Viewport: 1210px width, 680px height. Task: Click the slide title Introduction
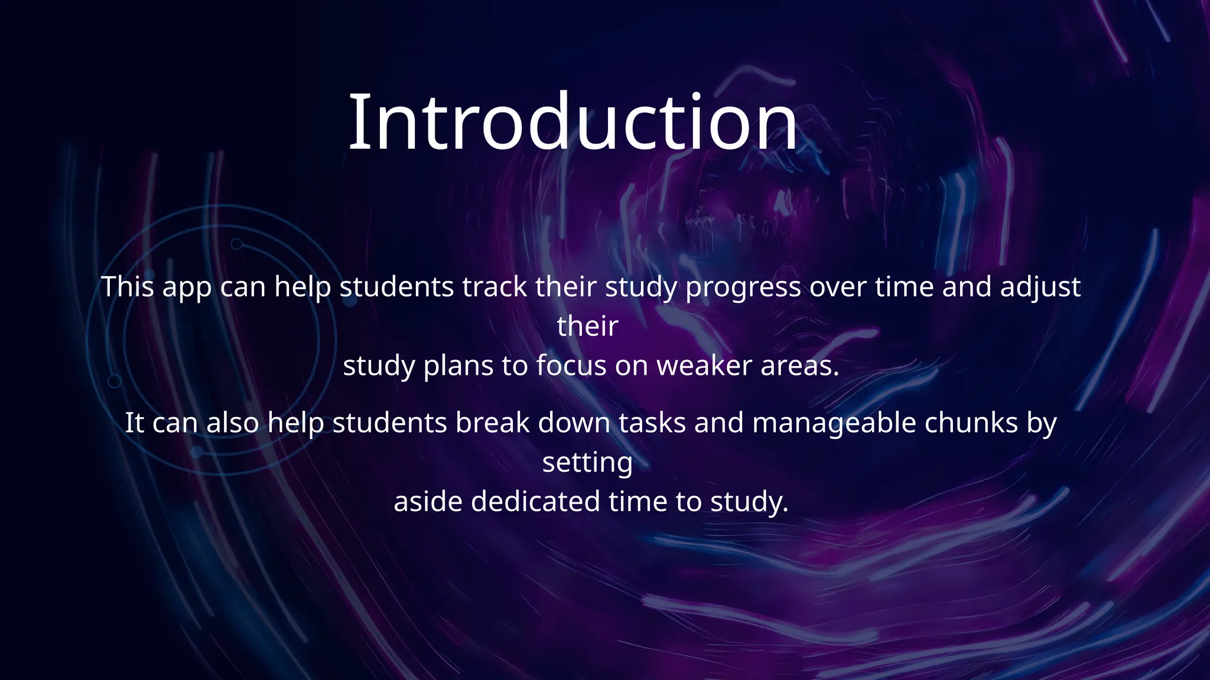click(x=573, y=123)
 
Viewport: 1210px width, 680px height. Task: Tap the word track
click(x=495, y=287)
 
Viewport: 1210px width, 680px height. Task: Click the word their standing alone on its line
click(x=587, y=326)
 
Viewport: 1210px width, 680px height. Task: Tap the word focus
click(x=571, y=365)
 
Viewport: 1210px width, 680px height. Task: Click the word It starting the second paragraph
click(x=134, y=423)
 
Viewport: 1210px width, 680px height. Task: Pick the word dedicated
click(x=535, y=502)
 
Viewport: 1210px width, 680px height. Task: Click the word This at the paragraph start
click(x=127, y=287)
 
